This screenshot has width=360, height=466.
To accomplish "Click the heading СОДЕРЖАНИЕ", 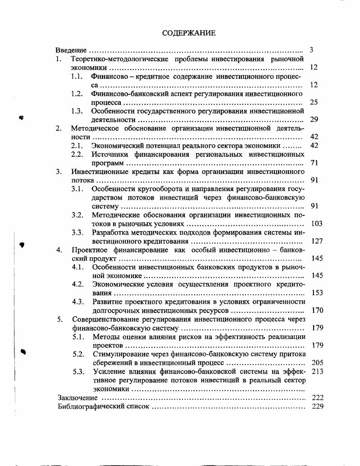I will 182,33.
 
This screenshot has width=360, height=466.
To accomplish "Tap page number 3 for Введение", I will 312,49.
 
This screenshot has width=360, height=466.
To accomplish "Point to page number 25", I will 314,102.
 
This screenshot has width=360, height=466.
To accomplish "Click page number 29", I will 314,119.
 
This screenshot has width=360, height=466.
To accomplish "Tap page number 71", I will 314,163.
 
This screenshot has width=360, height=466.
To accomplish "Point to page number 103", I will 317,224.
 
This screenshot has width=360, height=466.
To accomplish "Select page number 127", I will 317,241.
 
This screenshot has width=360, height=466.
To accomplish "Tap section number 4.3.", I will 78,302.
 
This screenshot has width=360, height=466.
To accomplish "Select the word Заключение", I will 77,398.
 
